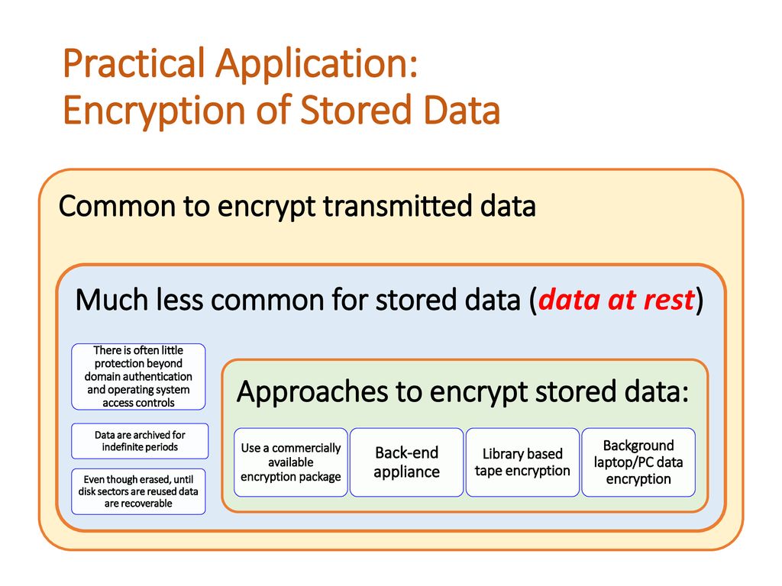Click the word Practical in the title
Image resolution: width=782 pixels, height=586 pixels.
click(134, 64)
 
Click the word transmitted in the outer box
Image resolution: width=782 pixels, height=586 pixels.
click(397, 205)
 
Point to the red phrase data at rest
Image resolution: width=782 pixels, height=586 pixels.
click(616, 300)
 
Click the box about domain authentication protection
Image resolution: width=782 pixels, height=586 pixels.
click(138, 377)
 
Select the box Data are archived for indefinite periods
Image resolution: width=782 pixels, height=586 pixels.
click(140, 441)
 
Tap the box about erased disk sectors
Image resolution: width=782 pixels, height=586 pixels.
click(138, 491)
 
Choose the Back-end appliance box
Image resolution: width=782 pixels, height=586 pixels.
click(406, 462)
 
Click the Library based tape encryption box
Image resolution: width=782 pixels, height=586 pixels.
click(522, 462)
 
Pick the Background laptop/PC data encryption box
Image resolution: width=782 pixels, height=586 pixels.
click(638, 462)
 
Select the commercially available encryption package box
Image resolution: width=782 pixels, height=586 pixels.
click(291, 462)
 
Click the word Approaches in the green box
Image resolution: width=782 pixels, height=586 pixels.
click(312, 392)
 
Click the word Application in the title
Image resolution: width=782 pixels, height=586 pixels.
click(316, 65)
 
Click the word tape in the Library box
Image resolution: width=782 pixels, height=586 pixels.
click(488, 471)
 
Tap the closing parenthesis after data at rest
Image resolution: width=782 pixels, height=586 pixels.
click(700, 301)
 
